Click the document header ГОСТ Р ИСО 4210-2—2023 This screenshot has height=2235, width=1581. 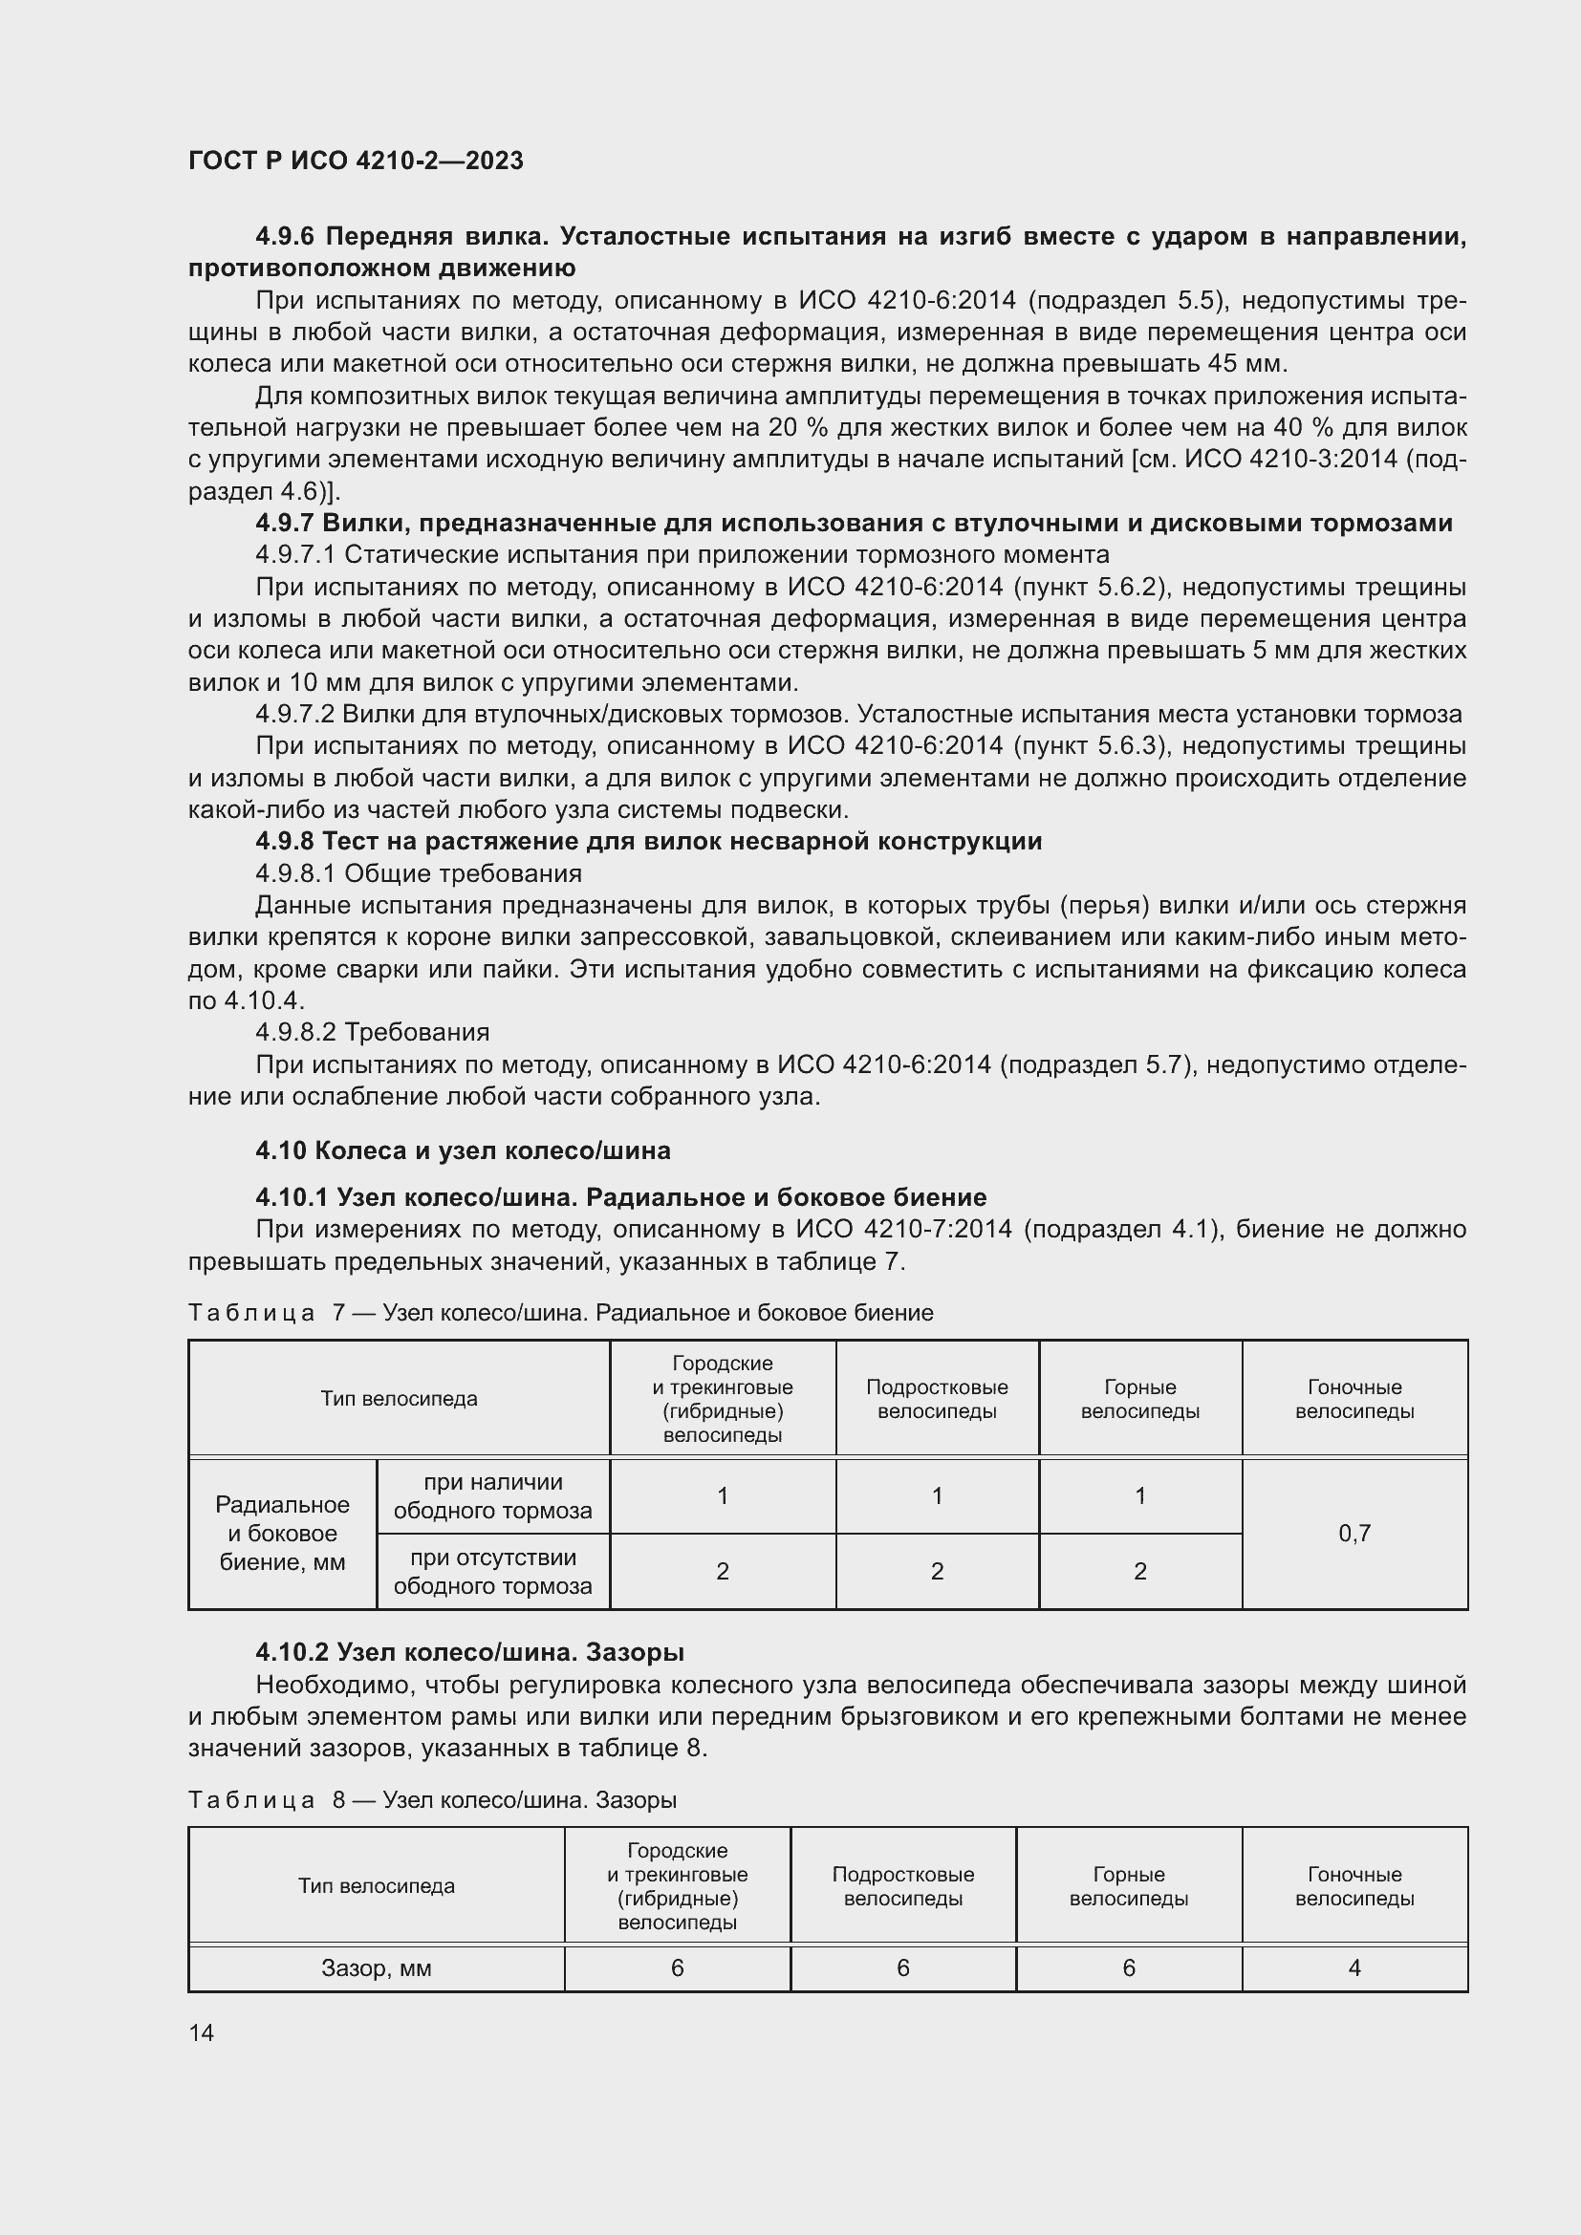(356, 161)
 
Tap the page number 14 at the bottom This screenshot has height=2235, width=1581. (202, 2032)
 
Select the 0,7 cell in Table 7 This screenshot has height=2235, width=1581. (1354, 1533)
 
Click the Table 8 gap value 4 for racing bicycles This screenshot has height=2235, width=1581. (1354, 1967)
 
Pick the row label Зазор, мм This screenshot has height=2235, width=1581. (376, 1967)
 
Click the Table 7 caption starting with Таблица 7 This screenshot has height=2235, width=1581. (560, 1312)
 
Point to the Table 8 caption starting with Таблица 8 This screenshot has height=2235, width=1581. (432, 1800)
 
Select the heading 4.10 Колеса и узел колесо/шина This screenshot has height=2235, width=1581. (463, 1150)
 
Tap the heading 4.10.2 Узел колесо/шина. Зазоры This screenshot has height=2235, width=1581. (470, 1652)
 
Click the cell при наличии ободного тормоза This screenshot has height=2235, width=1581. (492, 1496)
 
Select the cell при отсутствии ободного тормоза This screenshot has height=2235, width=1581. (492, 1571)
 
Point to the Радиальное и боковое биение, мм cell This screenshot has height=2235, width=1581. (282, 1533)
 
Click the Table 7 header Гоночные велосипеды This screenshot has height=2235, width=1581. (1354, 1399)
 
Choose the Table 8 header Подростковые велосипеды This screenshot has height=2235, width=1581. (902, 1885)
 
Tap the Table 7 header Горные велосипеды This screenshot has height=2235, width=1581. (1140, 1399)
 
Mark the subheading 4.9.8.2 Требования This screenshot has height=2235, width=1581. (373, 1031)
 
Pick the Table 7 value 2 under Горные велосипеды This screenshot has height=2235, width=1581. (1140, 1571)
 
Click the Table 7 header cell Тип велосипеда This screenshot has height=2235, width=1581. (400, 1399)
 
